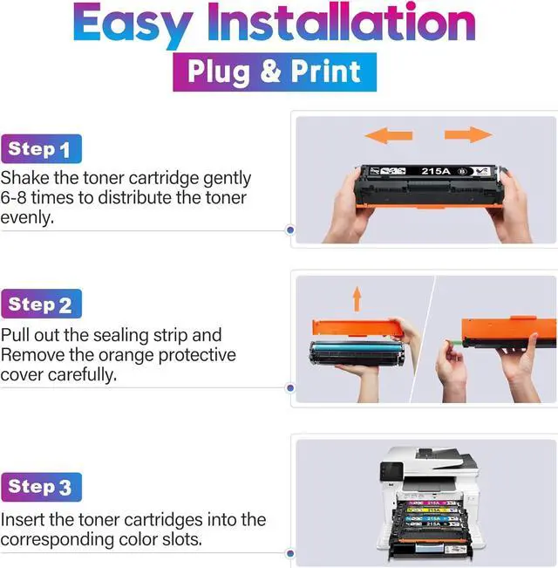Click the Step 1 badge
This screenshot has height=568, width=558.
click(x=41, y=149)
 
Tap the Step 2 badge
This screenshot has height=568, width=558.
click(x=41, y=304)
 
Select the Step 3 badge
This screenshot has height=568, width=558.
click(x=41, y=487)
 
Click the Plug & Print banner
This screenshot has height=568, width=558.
click(x=275, y=72)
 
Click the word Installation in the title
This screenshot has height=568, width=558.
click(x=341, y=22)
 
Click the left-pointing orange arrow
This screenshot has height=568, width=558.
click(x=389, y=135)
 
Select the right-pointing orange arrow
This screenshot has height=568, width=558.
click(x=468, y=134)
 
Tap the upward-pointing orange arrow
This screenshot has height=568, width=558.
click(x=357, y=299)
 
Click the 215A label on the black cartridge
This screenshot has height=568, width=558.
click(x=436, y=171)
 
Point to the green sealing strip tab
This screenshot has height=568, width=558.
click(x=454, y=342)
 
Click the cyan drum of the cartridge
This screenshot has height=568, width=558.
click(x=357, y=348)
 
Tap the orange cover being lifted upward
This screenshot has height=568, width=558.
click(x=357, y=327)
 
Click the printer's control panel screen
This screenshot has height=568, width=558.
click(x=391, y=471)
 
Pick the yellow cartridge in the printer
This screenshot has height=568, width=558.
click(x=432, y=510)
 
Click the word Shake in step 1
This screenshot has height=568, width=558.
click(x=24, y=178)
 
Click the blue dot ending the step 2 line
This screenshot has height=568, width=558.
click(x=290, y=388)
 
